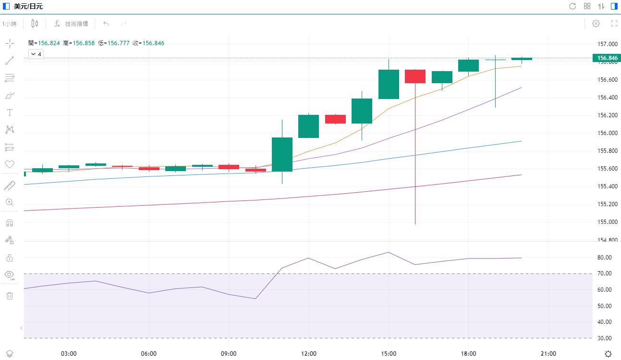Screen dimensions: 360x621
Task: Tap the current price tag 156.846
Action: point(607,59)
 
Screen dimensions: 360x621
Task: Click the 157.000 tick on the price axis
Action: point(607,44)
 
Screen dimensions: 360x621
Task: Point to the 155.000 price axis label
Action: point(607,222)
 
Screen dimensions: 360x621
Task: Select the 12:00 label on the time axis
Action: point(308,354)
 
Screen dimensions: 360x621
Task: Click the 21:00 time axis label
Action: point(548,354)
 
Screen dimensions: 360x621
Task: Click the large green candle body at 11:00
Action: point(282,154)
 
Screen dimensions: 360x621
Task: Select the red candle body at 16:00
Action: point(415,76)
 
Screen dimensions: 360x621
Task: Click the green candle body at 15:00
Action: point(389,84)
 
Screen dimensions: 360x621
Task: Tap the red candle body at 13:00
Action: point(335,119)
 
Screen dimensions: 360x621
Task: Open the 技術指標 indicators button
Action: point(71,24)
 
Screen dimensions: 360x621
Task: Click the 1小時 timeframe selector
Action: point(9,24)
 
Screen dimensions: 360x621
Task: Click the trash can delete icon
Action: point(9,296)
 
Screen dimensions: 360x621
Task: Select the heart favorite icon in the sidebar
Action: point(9,164)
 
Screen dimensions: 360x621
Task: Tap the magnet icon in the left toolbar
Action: point(9,223)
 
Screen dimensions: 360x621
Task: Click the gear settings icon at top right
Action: point(596,24)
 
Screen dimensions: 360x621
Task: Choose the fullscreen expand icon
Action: point(614,24)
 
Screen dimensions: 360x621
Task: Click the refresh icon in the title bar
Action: point(572,6)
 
